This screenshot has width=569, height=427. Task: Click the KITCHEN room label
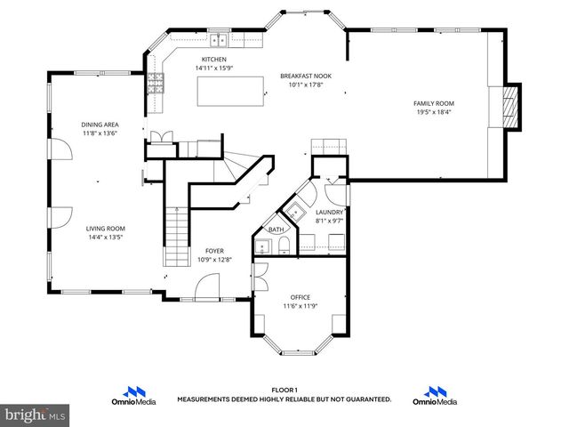pyautogui.click(x=213, y=60)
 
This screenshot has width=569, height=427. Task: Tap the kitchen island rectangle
pyautogui.click(x=230, y=90)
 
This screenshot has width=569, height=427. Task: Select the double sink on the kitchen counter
pyautogui.click(x=218, y=39)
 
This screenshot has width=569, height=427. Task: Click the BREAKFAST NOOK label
pyautogui.click(x=305, y=77)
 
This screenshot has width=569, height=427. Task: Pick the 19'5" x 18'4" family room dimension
pyautogui.click(x=434, y=113)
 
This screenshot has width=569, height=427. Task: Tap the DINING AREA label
pyautogui.click(x=100, y=125)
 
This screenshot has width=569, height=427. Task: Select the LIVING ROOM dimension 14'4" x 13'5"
pyautogui.click(x=105, y=238)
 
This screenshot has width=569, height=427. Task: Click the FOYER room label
pyautogui.click(x=214, y=251)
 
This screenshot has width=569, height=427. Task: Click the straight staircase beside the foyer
pyautogui.click(x=177, y=237)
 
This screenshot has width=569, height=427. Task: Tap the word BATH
pyautogui.click(x=276, y=230)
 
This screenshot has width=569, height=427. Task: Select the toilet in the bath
pyautogui.click(x=263, y=246)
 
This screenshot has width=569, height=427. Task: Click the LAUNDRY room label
pyautogui.click(x=329, y=213)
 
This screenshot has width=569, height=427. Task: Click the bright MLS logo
pyautogui.click(x=36, y=415)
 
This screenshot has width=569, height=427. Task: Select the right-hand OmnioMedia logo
pyautogui.click(x=435, y=396)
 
